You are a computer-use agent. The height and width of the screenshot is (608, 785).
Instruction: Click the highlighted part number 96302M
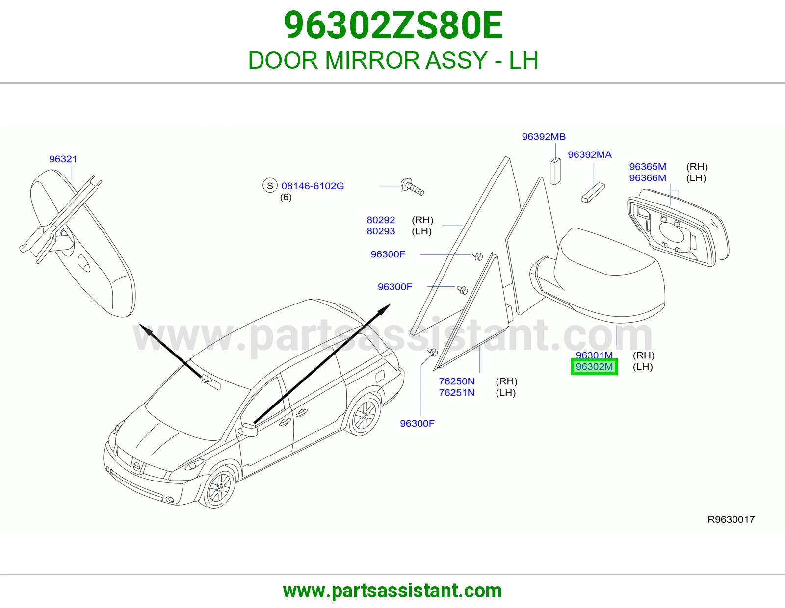click(594, 367)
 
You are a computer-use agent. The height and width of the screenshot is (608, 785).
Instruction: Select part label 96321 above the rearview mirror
click(63, 159)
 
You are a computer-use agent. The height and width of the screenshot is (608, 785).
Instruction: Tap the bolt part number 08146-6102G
click(313, 186)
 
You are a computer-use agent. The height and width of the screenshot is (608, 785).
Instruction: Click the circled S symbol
click(270, 186)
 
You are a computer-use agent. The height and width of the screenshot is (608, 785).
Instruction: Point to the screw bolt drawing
click(413, 187)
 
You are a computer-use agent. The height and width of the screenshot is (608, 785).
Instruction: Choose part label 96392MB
click(544, 136)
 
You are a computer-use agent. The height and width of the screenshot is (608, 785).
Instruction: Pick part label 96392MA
click(590, 154)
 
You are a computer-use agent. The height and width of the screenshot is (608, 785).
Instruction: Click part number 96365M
click(648, 166)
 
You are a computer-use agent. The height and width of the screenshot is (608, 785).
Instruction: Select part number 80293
click(381, 231)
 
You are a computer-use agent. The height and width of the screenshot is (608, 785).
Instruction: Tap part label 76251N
click(457, 392)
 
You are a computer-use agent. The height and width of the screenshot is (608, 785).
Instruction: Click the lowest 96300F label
click(417, 423)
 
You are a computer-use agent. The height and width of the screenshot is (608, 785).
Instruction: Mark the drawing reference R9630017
click(731, 519)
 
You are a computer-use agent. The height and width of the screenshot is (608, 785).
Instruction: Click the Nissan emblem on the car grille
click(136, 466)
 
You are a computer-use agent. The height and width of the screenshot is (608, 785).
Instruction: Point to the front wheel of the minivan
click(218, 487)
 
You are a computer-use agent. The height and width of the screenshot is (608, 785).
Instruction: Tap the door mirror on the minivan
click(248, 430)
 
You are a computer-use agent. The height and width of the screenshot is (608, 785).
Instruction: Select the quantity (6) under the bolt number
click(286, 197)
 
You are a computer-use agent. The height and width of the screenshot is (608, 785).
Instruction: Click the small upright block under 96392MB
click(555, 172)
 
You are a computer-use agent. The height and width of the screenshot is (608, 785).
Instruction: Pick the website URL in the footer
click(392, 591)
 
